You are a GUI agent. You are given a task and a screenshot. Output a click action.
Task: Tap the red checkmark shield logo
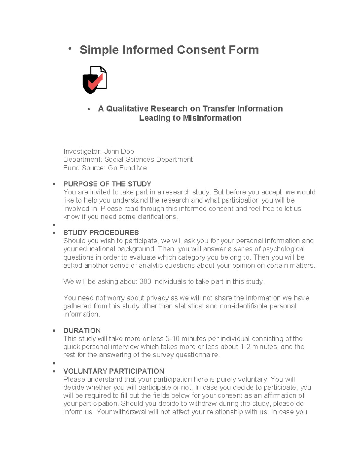95,80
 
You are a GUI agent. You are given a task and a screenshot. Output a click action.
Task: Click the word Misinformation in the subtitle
212,118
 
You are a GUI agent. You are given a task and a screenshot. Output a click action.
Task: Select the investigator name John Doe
119,152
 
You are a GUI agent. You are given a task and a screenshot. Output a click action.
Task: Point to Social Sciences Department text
148,160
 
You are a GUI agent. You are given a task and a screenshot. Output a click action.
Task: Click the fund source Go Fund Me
127,168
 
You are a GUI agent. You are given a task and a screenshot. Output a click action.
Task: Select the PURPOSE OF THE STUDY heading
107,184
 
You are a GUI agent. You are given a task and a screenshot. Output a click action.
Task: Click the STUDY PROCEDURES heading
101,233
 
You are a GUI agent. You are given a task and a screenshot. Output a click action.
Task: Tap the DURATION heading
82,331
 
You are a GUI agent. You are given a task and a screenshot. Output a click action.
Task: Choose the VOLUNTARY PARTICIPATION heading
114,371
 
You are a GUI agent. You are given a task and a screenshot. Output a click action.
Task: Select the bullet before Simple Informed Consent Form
70,49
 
